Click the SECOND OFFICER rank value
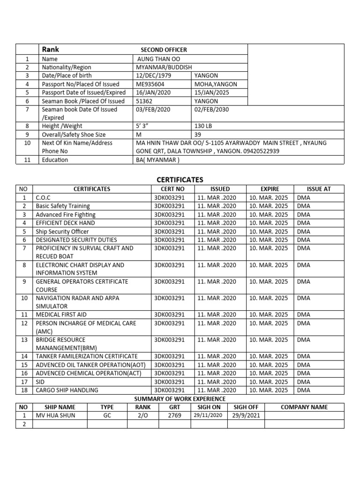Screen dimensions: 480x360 pos(164,50)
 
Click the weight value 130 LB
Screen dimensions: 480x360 pos(203,126)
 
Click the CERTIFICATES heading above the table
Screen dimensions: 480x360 pos(180,180)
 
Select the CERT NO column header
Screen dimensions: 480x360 pos(169,189)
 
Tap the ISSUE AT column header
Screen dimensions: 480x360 pos(319,189)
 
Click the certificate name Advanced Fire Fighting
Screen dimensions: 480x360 pos(66,215)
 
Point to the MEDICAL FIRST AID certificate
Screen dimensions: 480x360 pos(61,315)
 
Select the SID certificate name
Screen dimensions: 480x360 pos(41,382)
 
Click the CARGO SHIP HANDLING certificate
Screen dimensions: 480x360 pos(67,390)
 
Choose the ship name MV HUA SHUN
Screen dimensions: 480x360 pos(55,415)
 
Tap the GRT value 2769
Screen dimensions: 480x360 pos(174,415)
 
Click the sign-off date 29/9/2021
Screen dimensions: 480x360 pos(246,415)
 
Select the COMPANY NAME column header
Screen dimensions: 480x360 pos(304,407)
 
